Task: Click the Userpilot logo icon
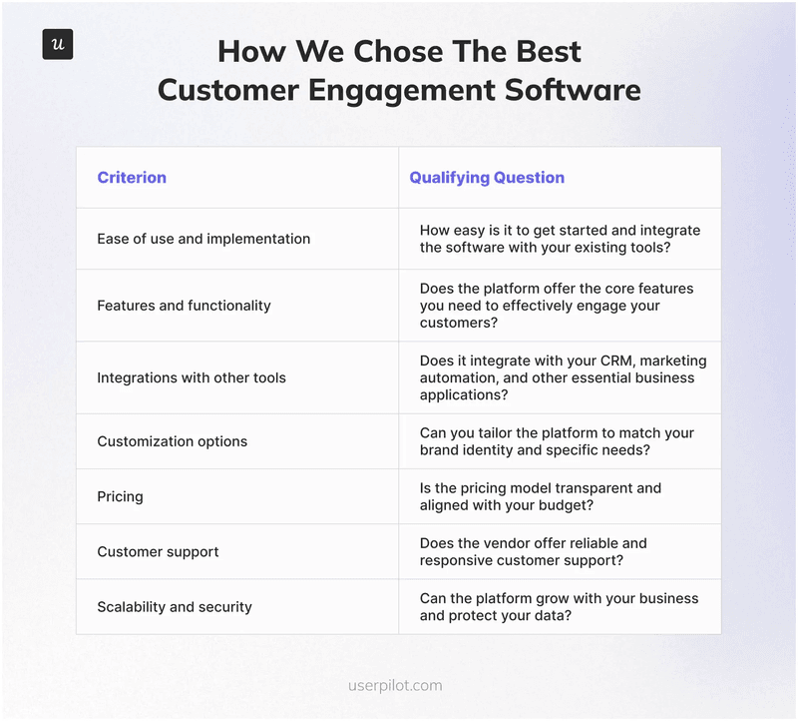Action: point(57,44)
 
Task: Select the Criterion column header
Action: point(132,178)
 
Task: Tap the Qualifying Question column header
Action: point(487,178)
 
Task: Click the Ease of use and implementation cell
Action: point(203,239)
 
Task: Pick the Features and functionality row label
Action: point(184,306)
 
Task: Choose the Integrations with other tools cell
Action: point(192,377)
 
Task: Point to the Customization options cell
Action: point(172,441)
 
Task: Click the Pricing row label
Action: point(120,496)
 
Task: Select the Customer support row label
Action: point(158,551)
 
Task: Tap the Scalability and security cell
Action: point(175,607)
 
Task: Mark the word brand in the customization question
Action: point(440,451)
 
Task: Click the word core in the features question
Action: point(589,289)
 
